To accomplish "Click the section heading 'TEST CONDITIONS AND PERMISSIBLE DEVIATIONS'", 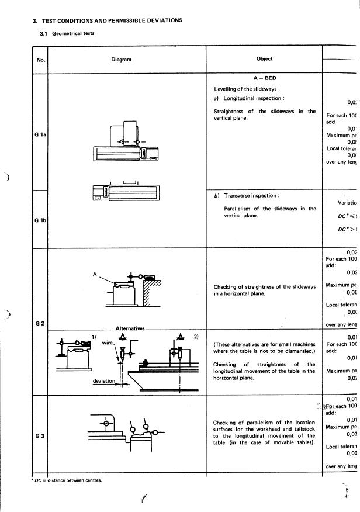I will point(112,20).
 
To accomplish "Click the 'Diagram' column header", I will point(122,60).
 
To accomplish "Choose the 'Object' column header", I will point(264,59).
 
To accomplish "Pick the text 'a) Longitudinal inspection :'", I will point(249,98).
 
